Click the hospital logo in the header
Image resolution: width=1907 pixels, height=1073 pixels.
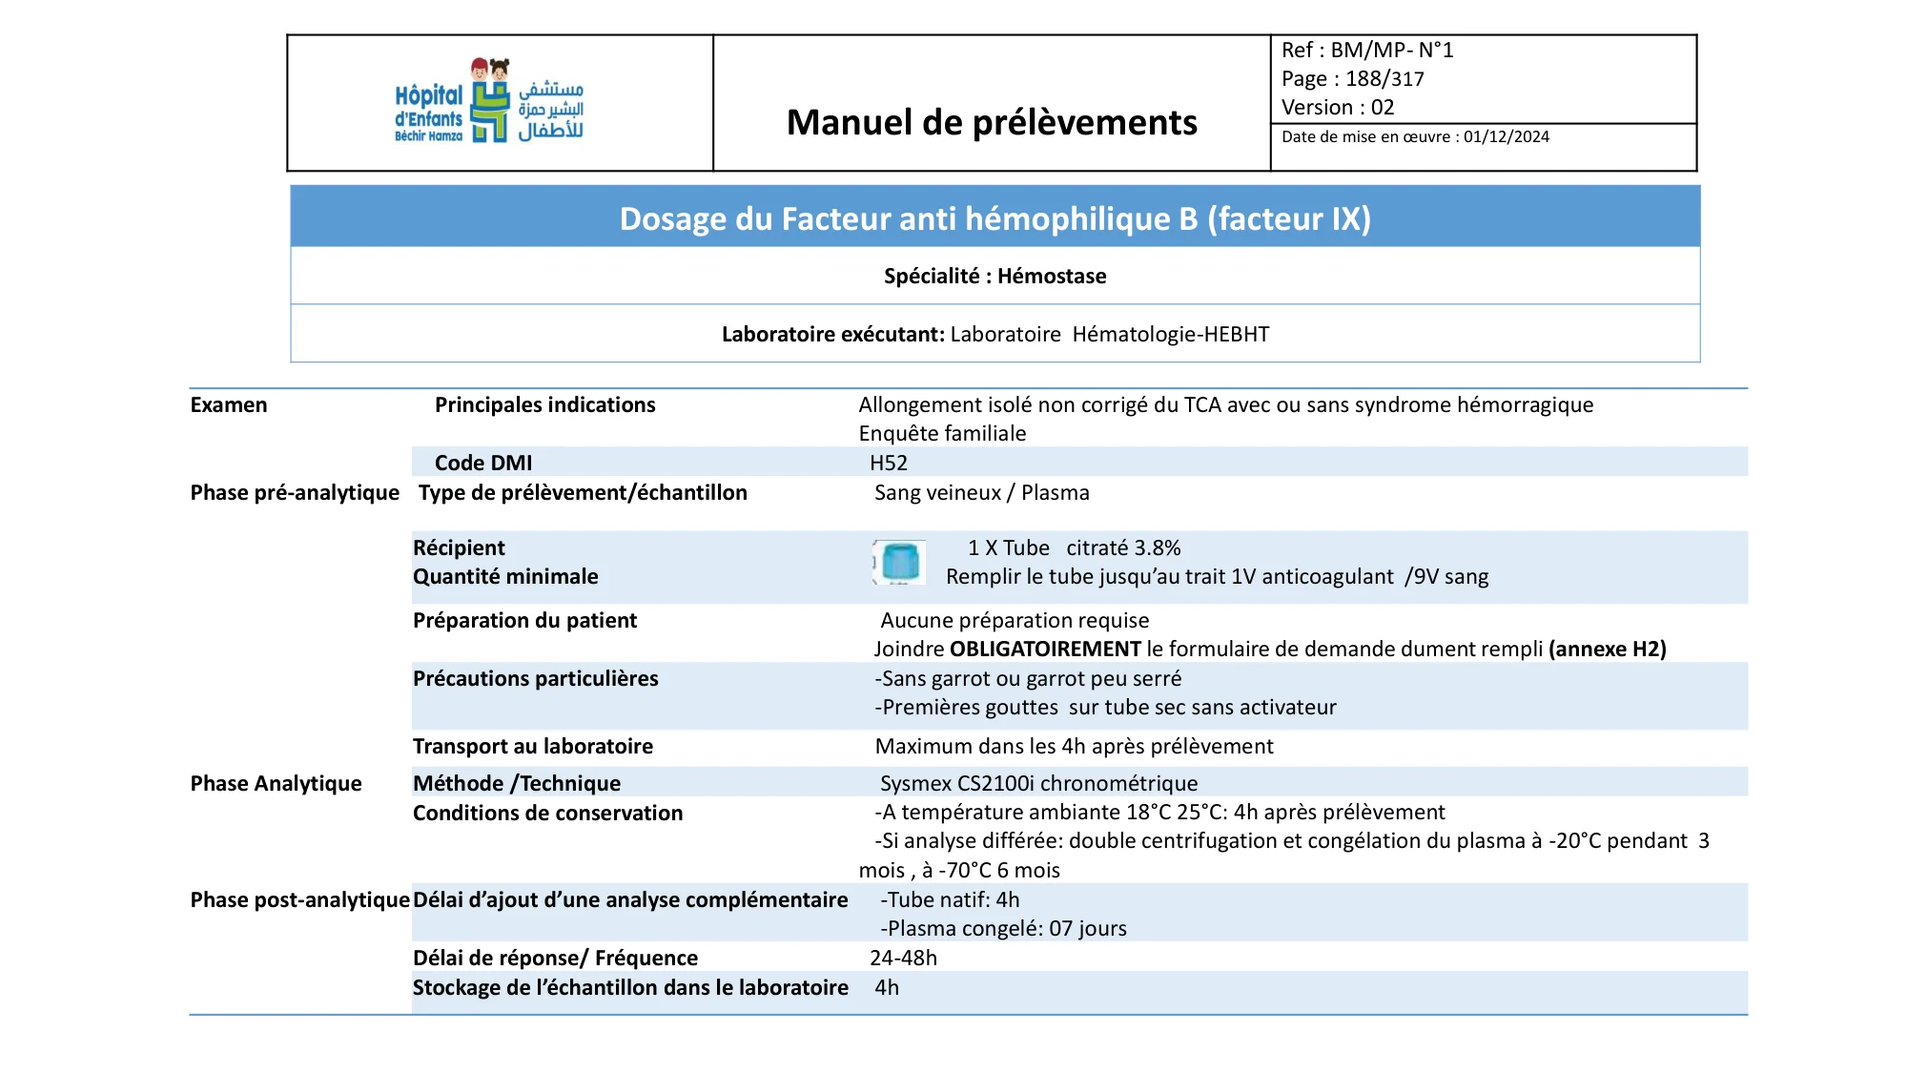[x=489, y=101]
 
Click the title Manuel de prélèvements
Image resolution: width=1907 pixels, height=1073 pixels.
[x=992, y=122]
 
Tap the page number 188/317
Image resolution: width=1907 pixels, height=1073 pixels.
[x=1384, y=79]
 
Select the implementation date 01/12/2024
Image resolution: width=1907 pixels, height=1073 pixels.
[x=1507, y=137]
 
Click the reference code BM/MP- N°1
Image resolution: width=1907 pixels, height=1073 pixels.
[x=1391, y=51]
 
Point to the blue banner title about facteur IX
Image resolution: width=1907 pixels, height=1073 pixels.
[x=995, y=218]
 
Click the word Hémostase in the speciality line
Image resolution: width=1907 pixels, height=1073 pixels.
[x=1052, y=277]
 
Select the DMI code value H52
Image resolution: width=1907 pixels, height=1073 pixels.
[x=889, y=464]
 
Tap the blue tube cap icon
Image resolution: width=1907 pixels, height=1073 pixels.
[x=899, y=562]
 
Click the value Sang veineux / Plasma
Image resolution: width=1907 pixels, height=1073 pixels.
[x=981, y=493]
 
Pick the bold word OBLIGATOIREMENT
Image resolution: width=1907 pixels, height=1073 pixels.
[x=1045, y=650]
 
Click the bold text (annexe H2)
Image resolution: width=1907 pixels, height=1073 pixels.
[x=1607, y=650]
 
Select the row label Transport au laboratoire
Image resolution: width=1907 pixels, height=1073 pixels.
[x=532, y=747]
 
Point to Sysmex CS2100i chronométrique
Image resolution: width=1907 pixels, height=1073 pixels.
[x=1038, y=784]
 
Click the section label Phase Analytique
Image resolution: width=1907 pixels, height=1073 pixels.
[x=276, y=784]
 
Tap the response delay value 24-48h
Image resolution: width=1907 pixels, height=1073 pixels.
[x=903, y=959]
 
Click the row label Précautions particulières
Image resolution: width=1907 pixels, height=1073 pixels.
[x=535, y=679]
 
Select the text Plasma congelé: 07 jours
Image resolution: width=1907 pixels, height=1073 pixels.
[x=1006, y=929]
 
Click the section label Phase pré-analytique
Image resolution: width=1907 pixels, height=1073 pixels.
[x=295, y=493]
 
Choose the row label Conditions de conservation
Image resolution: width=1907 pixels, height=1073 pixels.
[x=547, y=814]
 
